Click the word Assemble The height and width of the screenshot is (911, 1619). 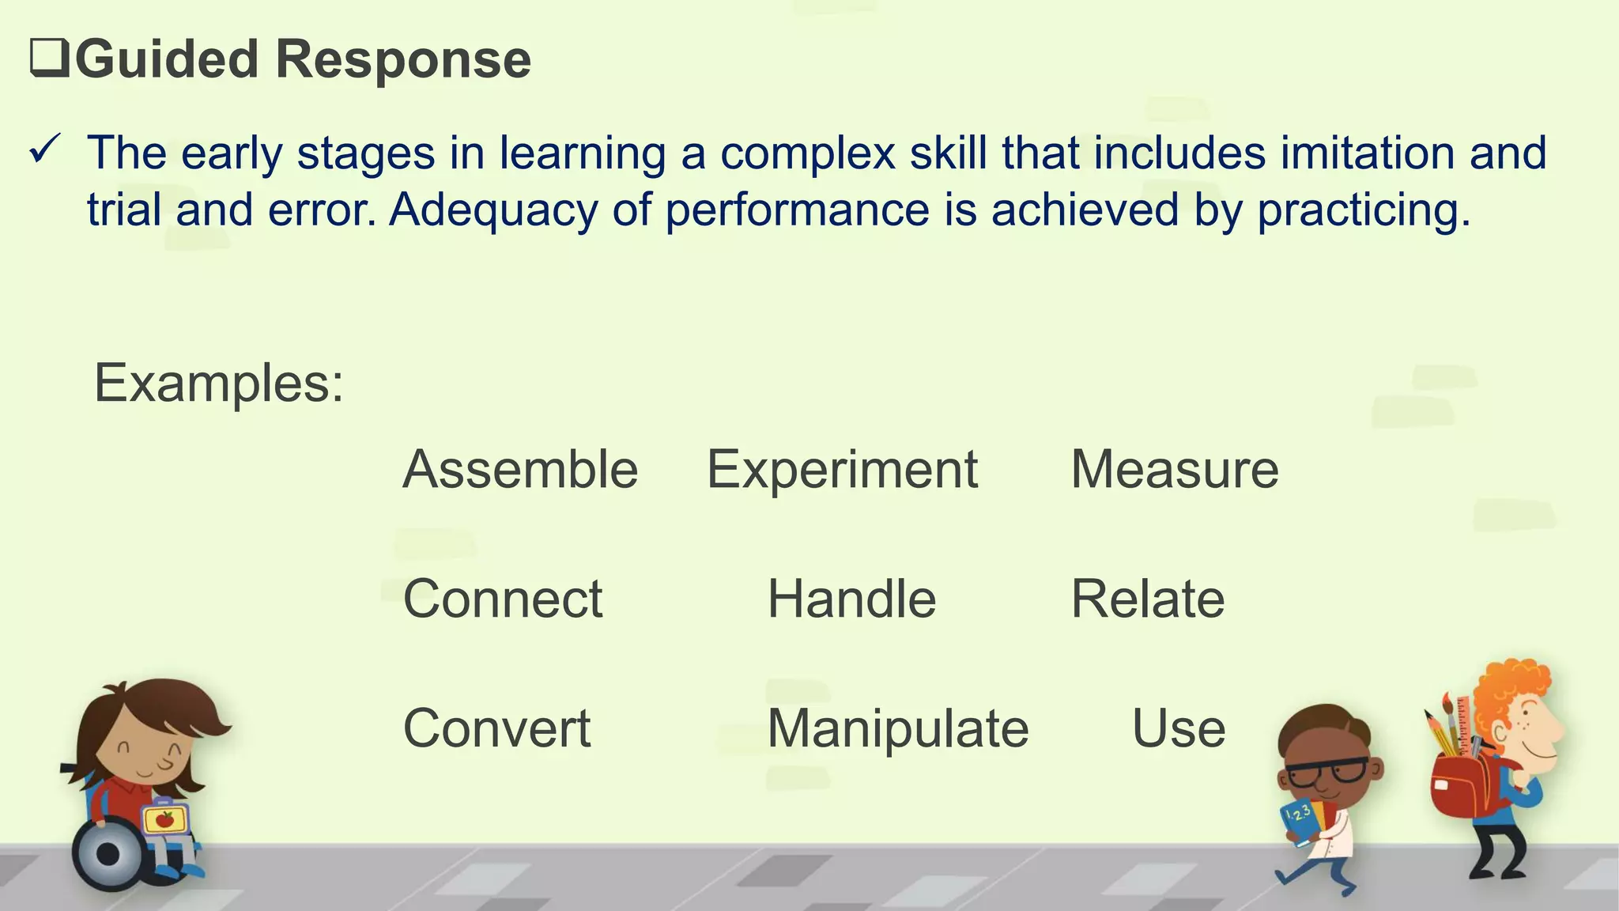(x=520, y=470)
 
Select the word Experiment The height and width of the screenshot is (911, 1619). (x=842, y=470)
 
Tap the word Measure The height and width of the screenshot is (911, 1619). (x=1174, y=470)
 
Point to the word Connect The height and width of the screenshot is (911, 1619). (x=503, y=599)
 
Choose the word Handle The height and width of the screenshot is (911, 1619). (x=851, y=599)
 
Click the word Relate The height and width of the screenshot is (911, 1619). (x=1147, y=599)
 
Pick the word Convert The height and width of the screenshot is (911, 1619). (x=496, y=728)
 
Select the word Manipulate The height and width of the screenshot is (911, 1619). (x=898, y=728)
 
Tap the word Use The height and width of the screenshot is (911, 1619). (x=1179, y=728)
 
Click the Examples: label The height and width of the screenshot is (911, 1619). (x=219, y=384)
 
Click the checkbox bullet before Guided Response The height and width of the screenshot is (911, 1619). (x=48, y=60)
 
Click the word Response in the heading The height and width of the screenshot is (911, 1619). (x=403, y=60)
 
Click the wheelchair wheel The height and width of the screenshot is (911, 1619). (x=109, y=855)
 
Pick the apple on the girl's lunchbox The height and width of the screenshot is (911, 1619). (x=164, y=819)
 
